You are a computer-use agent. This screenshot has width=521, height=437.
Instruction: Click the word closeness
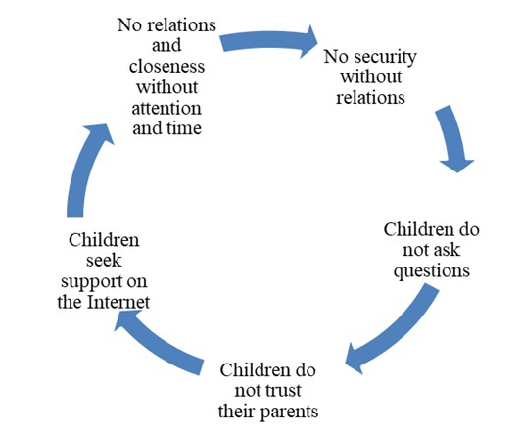click(166, 66)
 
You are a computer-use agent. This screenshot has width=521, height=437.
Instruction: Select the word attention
click(166, 109)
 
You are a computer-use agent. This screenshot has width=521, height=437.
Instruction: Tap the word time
click(184, 128)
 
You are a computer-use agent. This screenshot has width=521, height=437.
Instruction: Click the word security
click(385, 57)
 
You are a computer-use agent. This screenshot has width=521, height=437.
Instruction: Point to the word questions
click(432, 271)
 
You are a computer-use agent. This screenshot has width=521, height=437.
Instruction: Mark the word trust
click(284, 391)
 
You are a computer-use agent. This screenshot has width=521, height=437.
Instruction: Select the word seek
click(104, 261)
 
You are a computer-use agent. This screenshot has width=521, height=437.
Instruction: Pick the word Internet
click(118, 302)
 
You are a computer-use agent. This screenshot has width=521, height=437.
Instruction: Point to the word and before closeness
click(166, 45)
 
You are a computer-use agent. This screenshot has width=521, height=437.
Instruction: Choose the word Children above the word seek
click(104, 240)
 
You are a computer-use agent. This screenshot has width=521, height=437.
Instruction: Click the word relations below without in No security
click(370, 98)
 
